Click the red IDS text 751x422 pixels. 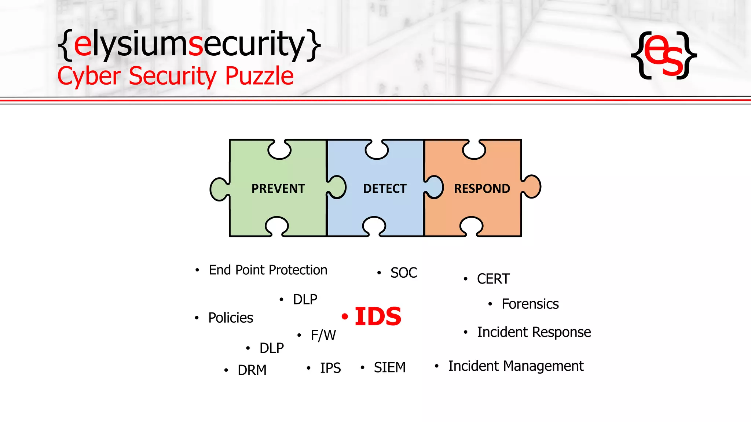point(378,316)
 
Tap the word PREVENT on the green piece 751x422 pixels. point(278,189)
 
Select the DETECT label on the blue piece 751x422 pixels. point(385,189)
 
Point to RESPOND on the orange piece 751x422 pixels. point(482,189)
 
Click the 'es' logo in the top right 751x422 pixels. point(664,55)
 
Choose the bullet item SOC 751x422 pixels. point(403,273)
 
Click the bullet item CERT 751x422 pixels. point(493,279)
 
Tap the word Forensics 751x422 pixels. point(530,304)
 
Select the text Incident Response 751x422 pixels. point(534,332)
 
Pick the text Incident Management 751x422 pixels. point(516,366)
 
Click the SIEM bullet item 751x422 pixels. point(389,367)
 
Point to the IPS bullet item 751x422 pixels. point(330,368)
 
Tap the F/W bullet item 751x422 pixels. point(323,335)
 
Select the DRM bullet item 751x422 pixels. point(252,370)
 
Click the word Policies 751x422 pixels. point(231,318)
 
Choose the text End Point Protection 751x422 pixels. point(268,270)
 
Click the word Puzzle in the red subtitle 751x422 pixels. point(259,76)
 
